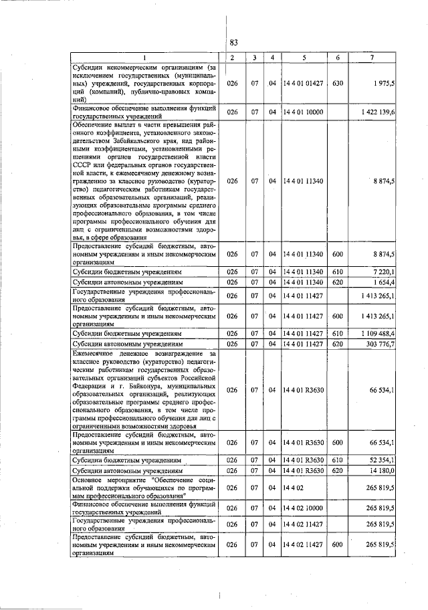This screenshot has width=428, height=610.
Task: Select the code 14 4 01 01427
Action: pos(304,84)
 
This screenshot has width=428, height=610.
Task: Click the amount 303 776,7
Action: pos(380,344)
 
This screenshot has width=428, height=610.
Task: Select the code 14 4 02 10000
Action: pos(304,509)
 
